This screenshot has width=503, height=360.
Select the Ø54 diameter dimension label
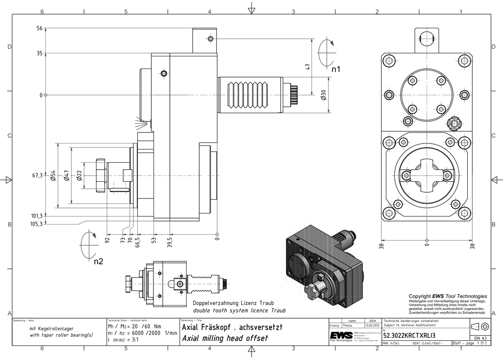(x=53, y=175)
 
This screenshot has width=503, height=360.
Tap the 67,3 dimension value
(x=37, y=175)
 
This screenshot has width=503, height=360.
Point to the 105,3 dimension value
(x=37, y=225)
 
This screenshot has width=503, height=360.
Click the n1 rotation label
(x=336, y=69)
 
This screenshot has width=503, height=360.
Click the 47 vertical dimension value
(x=308, y=65)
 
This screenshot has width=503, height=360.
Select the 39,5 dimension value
(x=170, y=243)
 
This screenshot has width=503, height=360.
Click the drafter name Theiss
(x=348, y=326)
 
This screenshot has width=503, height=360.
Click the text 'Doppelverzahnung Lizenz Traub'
(x=233, y=303)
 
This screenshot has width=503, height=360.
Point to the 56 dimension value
(x=39, y=29)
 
